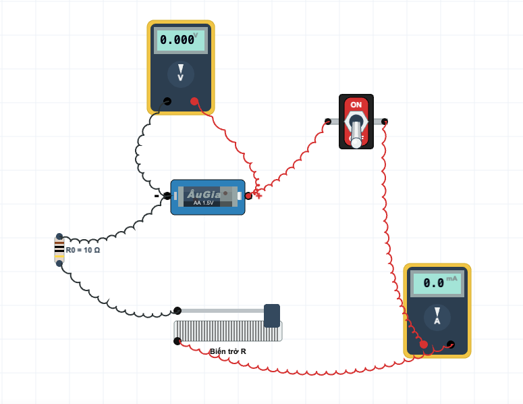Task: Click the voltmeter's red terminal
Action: (194, 101)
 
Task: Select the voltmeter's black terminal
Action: (167, 101)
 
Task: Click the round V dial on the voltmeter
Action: (180, 74)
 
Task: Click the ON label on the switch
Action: (356, 105)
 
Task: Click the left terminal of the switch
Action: (328, 122)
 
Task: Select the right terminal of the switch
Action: (385, 122)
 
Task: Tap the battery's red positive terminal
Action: (248, 196)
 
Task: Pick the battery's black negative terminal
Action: (167, 196)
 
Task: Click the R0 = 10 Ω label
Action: (83, 250)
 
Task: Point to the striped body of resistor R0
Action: (59, 250)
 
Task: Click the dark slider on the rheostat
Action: (272, 315)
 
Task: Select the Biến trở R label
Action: (228, 351)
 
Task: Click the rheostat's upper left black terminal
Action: (177, 311)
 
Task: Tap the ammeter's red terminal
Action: (423, 345)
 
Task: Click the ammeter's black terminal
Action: (451, 345)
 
